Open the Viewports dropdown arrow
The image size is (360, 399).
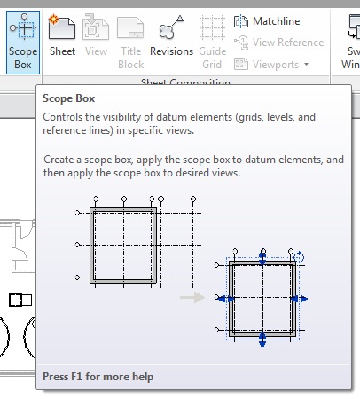coord(306,65)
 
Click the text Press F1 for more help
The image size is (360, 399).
coord(98,377)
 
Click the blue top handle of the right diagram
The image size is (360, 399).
coord(263,258)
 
